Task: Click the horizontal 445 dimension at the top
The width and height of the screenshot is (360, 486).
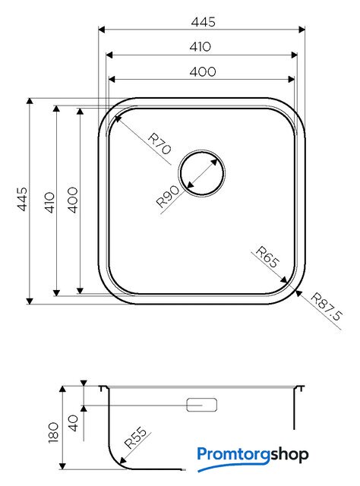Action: point(203,22)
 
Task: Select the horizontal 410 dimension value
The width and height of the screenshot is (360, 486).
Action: point(201,47)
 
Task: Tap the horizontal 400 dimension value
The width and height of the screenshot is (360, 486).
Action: point(203,72)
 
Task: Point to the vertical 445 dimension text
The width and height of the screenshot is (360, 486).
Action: point(22,199)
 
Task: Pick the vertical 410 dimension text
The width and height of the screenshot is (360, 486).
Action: point(49,203)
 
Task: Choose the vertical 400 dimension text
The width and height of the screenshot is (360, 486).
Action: point(73,200)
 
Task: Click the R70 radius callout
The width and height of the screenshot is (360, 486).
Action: point(159,144)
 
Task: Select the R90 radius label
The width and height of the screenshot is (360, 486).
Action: point(168,196)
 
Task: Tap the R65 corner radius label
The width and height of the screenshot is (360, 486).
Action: point(267,257)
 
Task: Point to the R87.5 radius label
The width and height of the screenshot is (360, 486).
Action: point(327,307)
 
